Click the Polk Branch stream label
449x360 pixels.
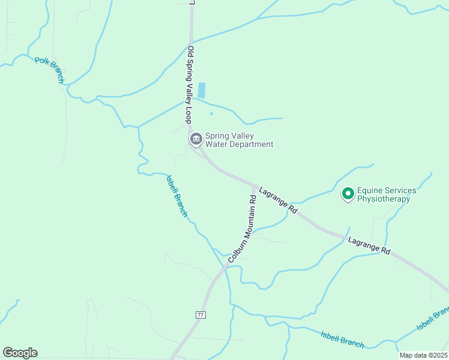click(x=49, y=68)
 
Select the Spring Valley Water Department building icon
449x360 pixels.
click(x=196, y=140)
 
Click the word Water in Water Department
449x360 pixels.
click(x=217, y=144)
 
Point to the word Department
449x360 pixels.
click(x=252, y=144)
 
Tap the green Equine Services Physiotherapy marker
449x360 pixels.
click(x=348, y=193)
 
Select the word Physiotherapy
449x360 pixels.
click(x=384, y=199)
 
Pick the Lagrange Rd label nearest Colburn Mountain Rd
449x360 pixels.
click(x=279, y=201)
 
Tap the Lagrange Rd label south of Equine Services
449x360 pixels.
click(x=370, y=245)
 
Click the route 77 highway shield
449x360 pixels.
click(x=200, y=314)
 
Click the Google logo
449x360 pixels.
click(x=20, y=353)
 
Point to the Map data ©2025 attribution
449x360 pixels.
click(x=423, y=355)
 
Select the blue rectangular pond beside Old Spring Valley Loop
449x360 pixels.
click(x=202, y=91)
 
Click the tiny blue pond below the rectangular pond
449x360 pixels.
click(x=211, y=113)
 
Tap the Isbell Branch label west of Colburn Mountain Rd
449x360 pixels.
click(x=177, y=195)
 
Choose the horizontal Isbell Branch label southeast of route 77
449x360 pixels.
click(x=342, y=340)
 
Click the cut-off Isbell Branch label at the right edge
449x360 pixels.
click(x=433, y=319)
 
